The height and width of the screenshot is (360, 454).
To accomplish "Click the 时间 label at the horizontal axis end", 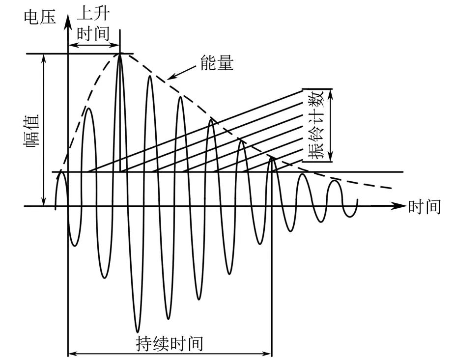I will click(x=424, y=207).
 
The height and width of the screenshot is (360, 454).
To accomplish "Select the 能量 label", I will click(x=217, y=63).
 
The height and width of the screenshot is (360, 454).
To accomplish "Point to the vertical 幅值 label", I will click(x=33, y=130).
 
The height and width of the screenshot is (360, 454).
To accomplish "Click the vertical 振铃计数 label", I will click(x=317, y=126).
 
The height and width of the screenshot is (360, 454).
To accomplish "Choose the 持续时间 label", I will click(x=169, y=343).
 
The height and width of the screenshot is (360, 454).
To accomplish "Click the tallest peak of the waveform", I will click(x=119, y=54).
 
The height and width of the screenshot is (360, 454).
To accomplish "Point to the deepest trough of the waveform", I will click(x=139, y=330).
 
